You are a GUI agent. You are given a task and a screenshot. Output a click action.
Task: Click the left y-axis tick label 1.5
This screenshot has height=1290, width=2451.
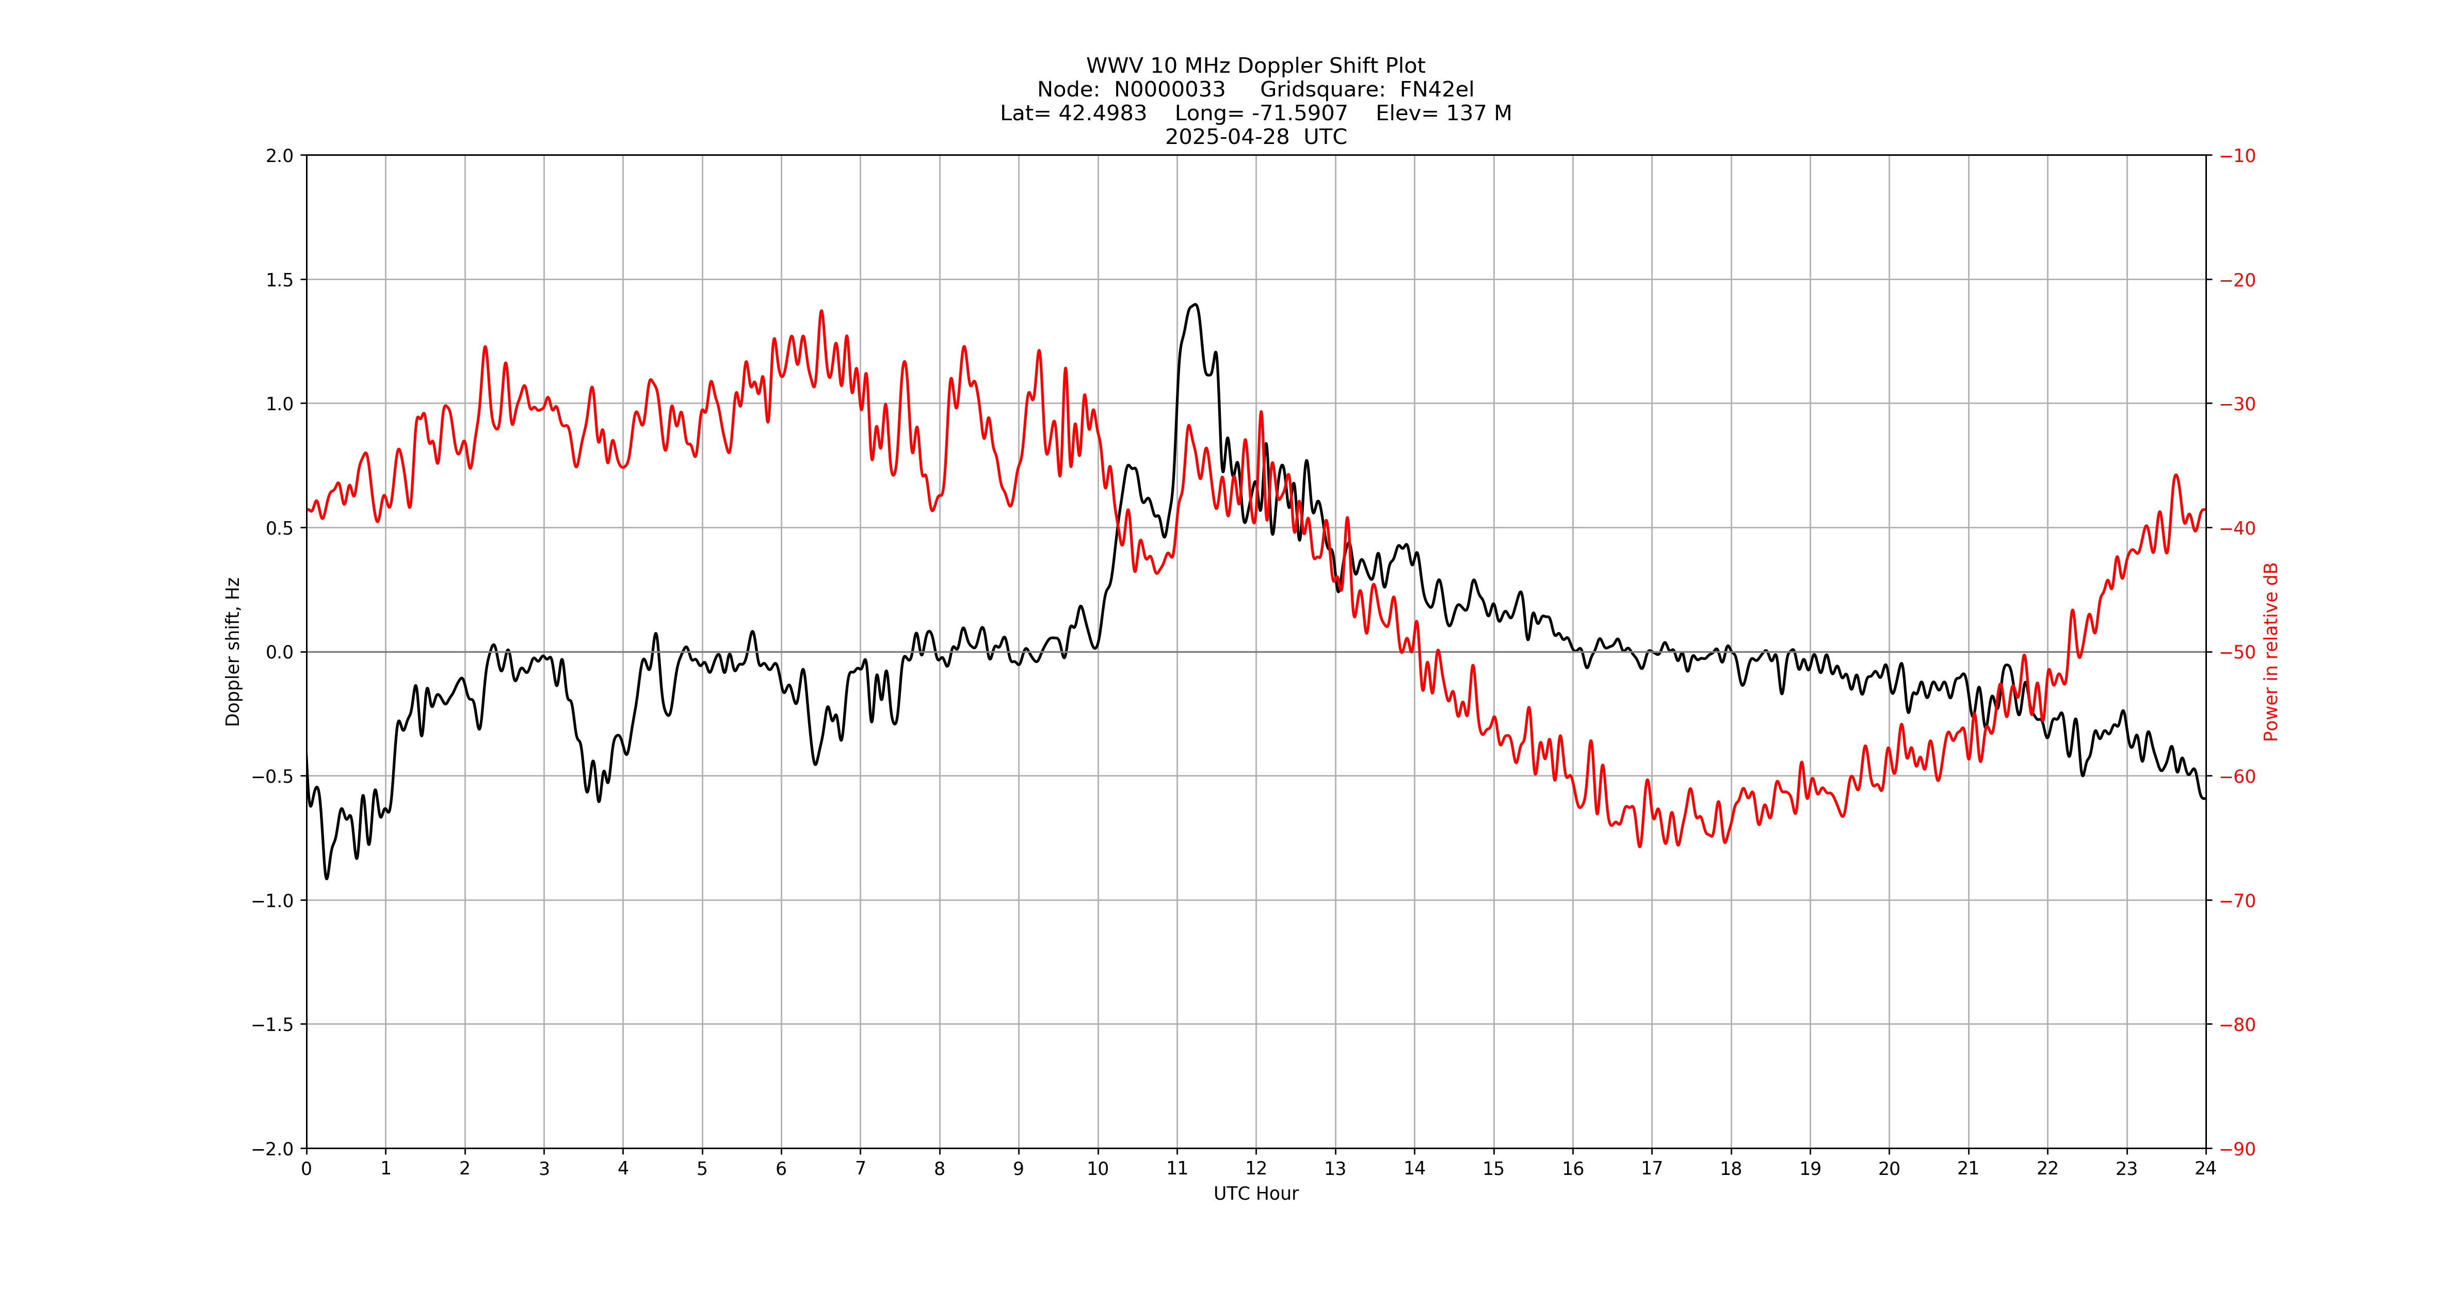click(x=280, y=280)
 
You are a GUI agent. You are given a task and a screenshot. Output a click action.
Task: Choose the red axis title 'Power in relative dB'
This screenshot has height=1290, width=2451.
click(x=2271, y=652)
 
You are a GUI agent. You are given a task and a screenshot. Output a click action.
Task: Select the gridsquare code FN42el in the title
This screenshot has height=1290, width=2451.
click(x=1437, y=89)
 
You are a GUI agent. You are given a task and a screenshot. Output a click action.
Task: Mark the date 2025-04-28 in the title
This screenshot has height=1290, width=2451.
click(x=1228, y=137)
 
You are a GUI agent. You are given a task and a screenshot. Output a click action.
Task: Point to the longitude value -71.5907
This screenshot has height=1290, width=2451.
click(x=1300, y=113)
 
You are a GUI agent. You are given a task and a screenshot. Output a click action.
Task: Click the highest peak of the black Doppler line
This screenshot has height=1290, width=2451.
click(x=1195, y=305)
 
